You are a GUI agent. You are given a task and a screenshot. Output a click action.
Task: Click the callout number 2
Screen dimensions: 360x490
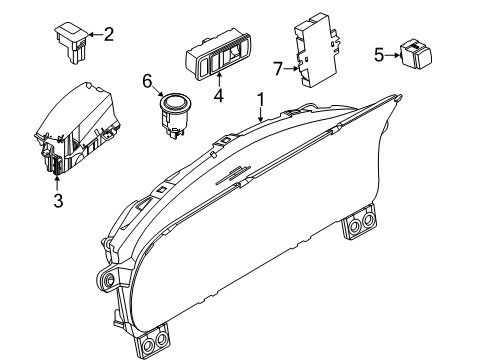coord(109,35)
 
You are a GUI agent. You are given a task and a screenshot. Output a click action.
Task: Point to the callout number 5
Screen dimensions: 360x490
coord(379,54)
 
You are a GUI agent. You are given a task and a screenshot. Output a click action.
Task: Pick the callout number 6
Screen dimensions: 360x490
coord(147,81)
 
